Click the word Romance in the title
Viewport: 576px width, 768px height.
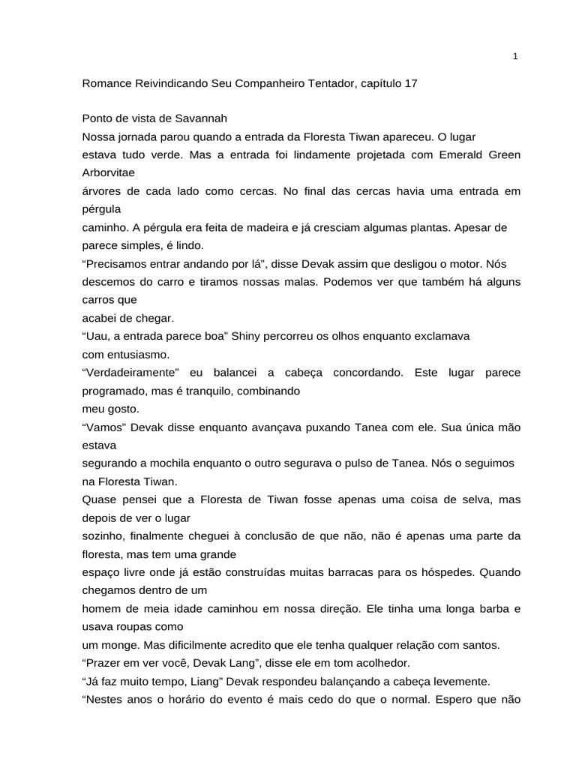point(105,84)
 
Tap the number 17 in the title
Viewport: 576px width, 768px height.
point(410,84)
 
